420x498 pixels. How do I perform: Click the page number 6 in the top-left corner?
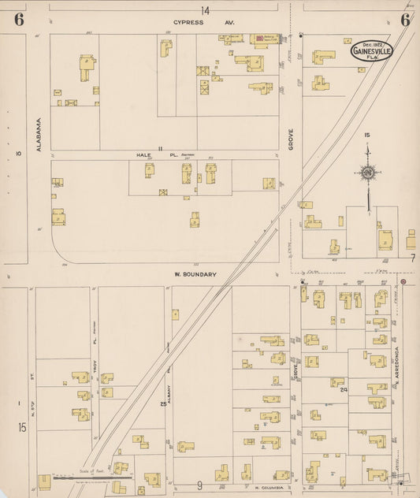(x=18, y=20)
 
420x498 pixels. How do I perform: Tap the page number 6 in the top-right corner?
(x=404, y=20)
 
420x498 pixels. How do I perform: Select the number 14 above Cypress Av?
(x=205, y=10)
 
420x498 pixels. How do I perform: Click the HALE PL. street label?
(x=144, y=155)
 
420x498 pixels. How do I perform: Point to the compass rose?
(x=367, y=172)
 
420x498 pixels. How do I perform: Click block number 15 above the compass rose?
(x=366, y=136)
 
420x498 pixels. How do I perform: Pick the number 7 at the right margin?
(x=411, y=258)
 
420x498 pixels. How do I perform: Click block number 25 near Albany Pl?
(x=163, y=404)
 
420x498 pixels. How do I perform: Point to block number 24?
(x=344, y=389)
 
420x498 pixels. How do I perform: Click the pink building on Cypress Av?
(x=258, y=38)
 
